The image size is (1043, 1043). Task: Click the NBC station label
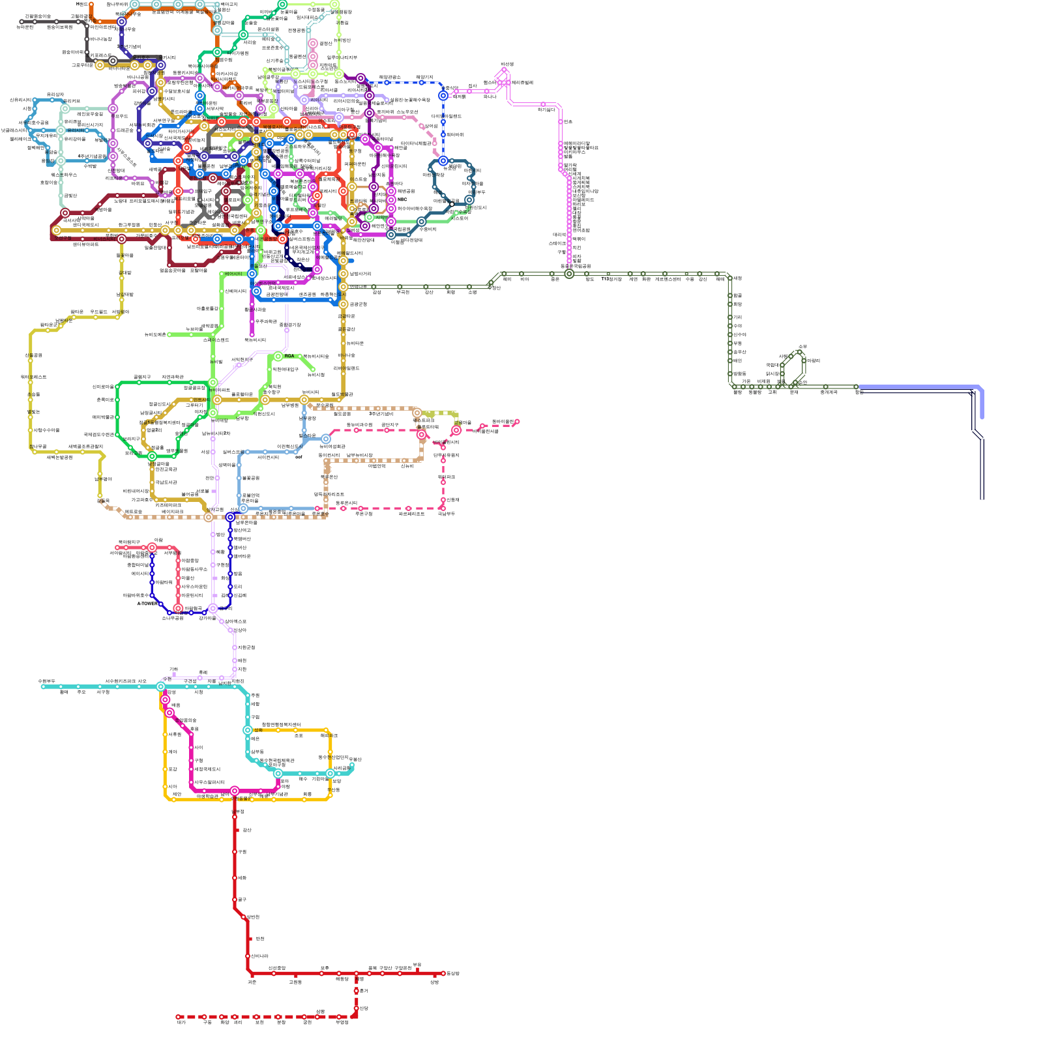(x=402, y=200)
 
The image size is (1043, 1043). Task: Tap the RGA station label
(x=289, y=356)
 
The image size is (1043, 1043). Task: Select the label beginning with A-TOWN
(x=146, y=604)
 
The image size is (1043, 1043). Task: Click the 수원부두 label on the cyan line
(x=46, y=681)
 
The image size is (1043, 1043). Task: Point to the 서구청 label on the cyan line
(x=103, y=692)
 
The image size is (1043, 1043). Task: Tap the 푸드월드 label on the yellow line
(x=98, y=312)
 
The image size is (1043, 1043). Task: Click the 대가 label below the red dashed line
(x=181, y=1023)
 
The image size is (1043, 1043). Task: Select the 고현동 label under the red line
(x=295, y=982)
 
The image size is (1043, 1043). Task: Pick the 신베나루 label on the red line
(x=259, y=956)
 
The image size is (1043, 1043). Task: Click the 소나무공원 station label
(x=172, y=618)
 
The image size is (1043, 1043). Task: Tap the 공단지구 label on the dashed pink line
(x=390, y=425)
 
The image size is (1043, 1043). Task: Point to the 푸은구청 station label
(x=364, y=514)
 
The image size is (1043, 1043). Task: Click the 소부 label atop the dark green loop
(x=802, y=346)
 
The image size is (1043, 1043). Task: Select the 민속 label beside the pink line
(x=568, y=122)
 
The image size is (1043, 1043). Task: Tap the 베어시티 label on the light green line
(x=233, y=274)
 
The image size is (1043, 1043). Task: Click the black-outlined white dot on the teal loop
(x=452, y=204)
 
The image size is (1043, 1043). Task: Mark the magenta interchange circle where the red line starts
(x=235, y=791)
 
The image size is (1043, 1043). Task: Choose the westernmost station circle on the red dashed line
(x=178, y=1017)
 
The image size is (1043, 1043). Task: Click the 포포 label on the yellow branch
(x=299, y=735)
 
